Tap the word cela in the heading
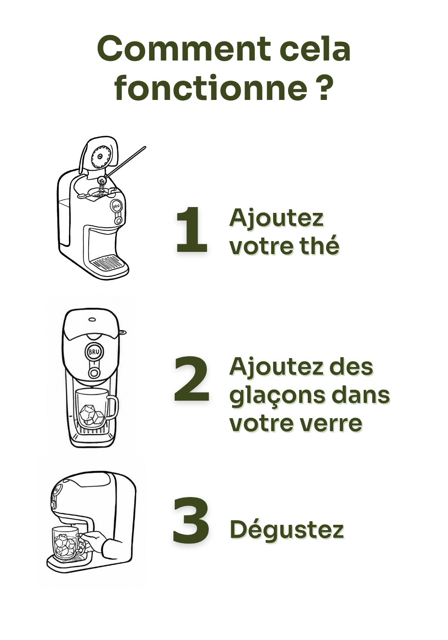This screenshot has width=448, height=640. point(315,48)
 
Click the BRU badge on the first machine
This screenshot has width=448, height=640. point(116,206)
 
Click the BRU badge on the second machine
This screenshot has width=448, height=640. point(93,352)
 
